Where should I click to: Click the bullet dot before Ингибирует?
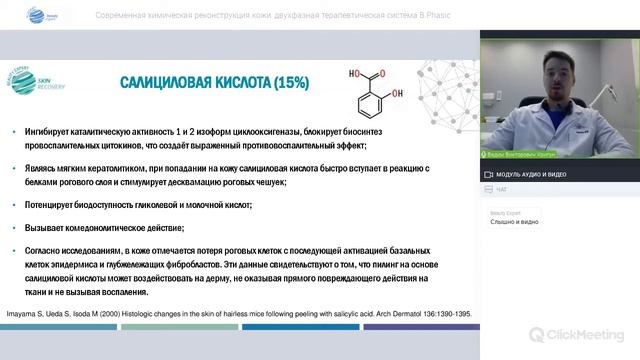point(12,132)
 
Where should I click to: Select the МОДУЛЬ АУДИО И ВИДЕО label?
point(540,174)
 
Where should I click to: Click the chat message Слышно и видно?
point(515,222)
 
